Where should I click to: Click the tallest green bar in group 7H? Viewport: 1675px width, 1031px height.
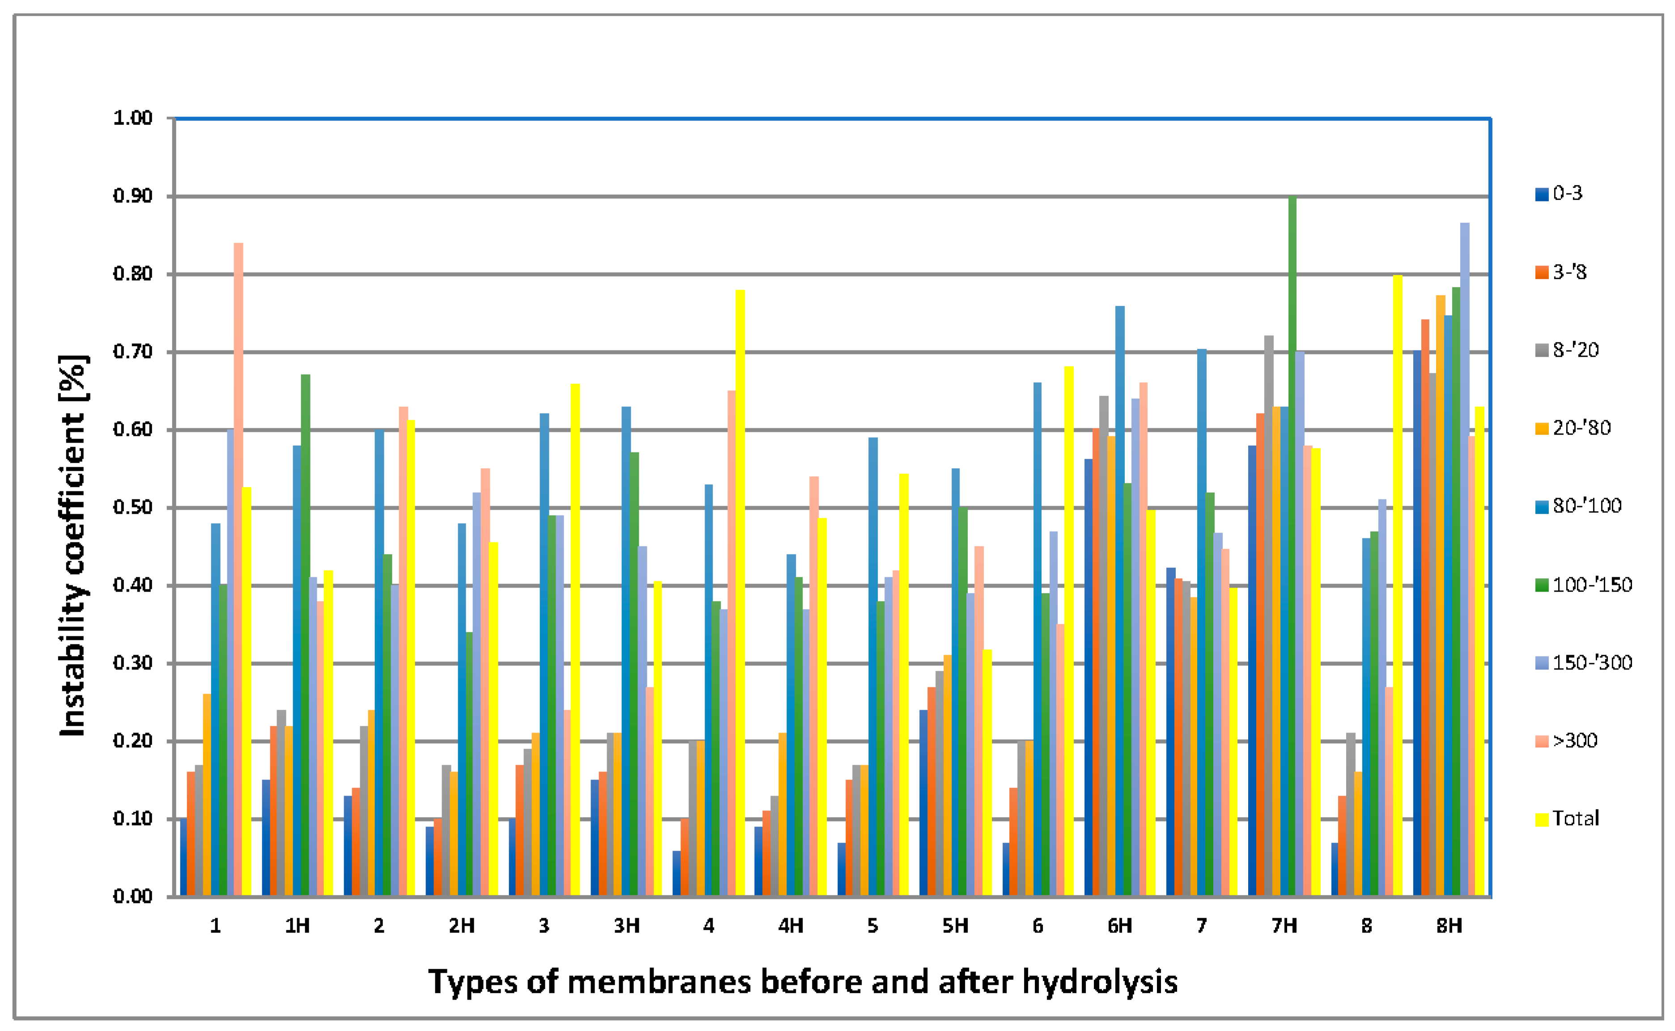coord(1292,545)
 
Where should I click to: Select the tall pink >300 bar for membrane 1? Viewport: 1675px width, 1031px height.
coord(238,569)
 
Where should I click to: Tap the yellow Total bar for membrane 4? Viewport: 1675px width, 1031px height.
coord(740,593)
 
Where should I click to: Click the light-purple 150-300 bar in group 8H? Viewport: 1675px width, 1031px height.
coord(1464,559)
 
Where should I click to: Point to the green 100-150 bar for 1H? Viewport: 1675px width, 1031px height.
coord(306,634)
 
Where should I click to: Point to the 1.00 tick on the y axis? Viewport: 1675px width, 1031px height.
coord(132,118)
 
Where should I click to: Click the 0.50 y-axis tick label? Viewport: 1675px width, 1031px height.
coord(132,508)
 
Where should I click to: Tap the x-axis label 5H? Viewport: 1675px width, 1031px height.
coord(955,926)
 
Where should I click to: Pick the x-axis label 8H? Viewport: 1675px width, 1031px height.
coord(1449,926)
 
